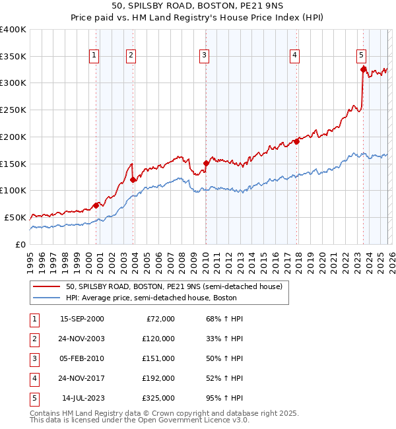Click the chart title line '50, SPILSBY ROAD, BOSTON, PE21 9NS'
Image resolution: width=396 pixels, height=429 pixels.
pyautogui.click(x=197, y=7)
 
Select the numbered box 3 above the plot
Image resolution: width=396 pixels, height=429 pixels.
pyautogui.click(x=205, y=55)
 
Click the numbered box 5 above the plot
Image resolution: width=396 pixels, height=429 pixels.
pyautogui.click(x=362, y=55)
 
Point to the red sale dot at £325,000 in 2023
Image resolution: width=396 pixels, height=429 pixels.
pyautogui.click(x=363, y=69)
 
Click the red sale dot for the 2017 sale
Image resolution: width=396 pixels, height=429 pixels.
pyautogui.click(x=297, y=141)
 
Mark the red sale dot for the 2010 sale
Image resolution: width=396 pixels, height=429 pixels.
pyautogui.click(x=206, y=163)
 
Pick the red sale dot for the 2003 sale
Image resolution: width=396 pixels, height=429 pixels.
pyautogui.click(x=133, y=180)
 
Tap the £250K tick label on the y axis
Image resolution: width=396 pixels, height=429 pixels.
pyautogui.click(x=13, y=110)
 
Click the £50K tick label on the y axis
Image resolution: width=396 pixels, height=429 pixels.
pyautogui.click(x=15, y=217)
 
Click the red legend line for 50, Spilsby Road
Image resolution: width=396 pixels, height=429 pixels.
pyautogui.click(x=47, y=286)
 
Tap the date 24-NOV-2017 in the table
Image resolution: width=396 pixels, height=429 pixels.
pyautogui.click(x=82, y=378)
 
